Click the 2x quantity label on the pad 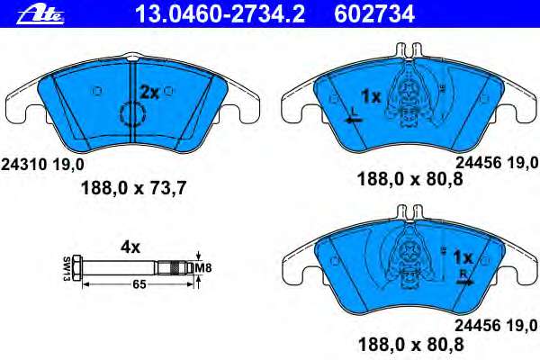click(x=148, y=91)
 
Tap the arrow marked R click(x=463, y=280)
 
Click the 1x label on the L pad click(x=370, y=94)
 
